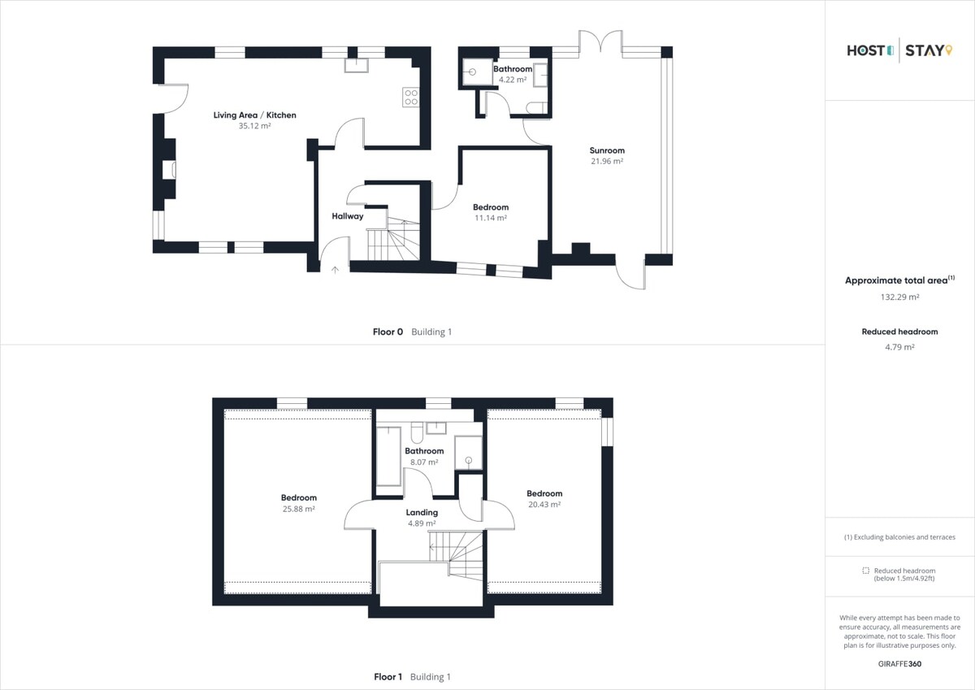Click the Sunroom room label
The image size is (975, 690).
pos(607,150)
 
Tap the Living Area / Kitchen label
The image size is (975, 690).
pos(254,115)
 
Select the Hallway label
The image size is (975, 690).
pos(348,216)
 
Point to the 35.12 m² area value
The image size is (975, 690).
pos(254,126)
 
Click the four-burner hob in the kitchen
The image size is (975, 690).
pos(410,97)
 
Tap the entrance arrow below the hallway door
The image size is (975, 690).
pos(335,270)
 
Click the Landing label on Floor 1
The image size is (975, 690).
pos(422,512)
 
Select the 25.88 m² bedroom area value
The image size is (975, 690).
pos(299,509)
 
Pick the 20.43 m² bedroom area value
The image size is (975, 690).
pos(544,504)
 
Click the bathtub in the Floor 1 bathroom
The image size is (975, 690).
pos(388,456)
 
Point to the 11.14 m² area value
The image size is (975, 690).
pos(491,218)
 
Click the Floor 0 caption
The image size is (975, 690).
pos(388,332)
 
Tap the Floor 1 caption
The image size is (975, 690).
pos(388,676)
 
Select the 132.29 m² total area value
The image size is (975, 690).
pos(899,297)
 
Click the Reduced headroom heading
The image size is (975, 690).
pos(899,332)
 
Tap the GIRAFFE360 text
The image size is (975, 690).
pos(899,664)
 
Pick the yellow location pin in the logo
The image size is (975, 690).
pos(949,50)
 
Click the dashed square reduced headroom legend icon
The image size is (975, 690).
pos(866,571)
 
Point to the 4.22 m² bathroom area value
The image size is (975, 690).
pos(513,80)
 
